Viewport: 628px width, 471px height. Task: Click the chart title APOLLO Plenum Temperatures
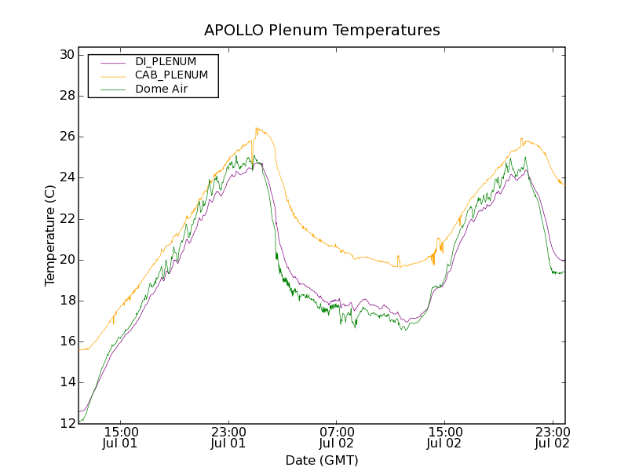[322, 31]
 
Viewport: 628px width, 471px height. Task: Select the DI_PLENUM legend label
[166, 61]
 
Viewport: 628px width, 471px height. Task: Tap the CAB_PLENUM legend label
[171, 75]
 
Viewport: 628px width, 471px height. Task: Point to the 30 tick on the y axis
[66, 55]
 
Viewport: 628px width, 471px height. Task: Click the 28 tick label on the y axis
[66, 96]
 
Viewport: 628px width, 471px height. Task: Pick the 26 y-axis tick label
[66, 137]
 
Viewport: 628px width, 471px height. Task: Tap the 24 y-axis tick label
[66, 177]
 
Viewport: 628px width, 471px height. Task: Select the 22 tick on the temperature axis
[66, 218]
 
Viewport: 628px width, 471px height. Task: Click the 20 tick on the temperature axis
[66, 260]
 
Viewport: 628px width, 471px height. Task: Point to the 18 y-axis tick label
[66, 301]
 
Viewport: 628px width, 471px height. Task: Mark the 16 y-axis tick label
[66, 341]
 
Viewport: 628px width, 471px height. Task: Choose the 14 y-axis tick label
[66, 382]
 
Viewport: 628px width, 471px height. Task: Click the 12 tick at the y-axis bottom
[66, 423]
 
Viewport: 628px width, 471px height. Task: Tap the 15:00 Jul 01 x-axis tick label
[121, 437]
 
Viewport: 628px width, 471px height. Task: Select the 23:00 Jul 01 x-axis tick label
[229, 437]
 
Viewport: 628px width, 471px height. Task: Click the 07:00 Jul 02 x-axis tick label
[338, 437]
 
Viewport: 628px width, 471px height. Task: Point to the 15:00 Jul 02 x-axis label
[445, 437]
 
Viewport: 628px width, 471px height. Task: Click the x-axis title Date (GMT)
[322, 460]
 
